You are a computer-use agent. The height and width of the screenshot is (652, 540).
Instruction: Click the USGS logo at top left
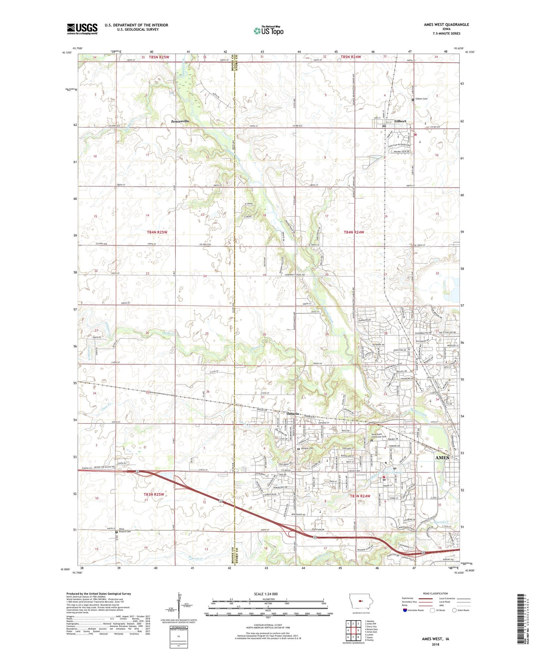click(x=82, y=28)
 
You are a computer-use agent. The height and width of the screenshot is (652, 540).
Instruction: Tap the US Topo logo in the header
click(x=268, y=31)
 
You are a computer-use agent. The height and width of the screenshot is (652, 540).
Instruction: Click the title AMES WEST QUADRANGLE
click(x=446, y=25)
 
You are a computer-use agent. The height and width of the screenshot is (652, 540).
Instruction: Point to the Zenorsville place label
click(x=180, y=121)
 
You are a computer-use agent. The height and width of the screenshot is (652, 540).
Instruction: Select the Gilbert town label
click(x=400, y=121)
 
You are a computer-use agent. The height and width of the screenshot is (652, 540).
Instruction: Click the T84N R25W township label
click(x=157, y=232)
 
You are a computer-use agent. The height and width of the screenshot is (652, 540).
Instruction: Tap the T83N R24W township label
click(x=361, y=496)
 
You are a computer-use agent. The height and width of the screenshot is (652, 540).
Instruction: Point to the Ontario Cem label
click(x=307, y=448)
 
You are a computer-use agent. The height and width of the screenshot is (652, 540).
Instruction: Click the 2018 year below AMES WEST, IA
click(x=435, y=644)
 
